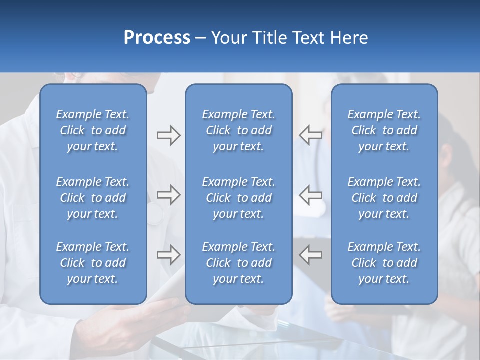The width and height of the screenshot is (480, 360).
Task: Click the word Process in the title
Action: point(157,38)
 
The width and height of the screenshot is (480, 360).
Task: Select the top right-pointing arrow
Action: point(168,135)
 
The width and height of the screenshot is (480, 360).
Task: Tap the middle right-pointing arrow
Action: point(168,195)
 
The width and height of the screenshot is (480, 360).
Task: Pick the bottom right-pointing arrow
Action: point(168,255)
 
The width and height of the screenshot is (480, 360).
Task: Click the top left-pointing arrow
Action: point(310,135)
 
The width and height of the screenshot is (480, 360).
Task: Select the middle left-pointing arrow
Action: point(310,195)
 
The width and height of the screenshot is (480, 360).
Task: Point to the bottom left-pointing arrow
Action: point(310,255)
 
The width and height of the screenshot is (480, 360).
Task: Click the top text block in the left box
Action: point(93,130)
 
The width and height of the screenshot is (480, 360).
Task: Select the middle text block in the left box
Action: point(93,198)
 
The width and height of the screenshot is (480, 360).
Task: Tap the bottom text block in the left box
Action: point(93,263)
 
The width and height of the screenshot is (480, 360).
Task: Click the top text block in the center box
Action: point(238,130)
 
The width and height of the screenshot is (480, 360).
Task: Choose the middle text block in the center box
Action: point(238,198)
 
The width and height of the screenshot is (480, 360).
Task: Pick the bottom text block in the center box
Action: point(238,263)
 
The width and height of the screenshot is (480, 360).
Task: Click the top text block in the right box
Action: point(384,130)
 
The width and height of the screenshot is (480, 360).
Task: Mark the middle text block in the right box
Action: point(384,198)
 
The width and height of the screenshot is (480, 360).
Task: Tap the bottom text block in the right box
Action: point(384,263)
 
